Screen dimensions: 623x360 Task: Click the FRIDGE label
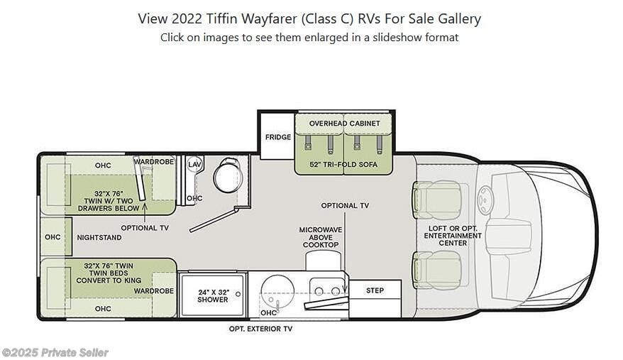(x=278, y=137)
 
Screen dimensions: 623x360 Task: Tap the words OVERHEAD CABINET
(x=344, y=124)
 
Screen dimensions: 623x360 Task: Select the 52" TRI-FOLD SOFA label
(x=343, y=164)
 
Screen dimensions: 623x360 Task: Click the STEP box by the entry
(x=375, y=290)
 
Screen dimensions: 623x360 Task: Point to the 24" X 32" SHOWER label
(x=213, y=295)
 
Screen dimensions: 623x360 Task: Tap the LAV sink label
(x=194, y=164)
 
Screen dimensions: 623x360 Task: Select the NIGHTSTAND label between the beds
(x=99, y=237)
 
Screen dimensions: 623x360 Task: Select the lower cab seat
(x=436, y=271)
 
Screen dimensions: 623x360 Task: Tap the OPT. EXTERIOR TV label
(x=260, y=329)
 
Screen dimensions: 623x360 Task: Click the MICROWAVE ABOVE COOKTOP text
(x=321, y=237)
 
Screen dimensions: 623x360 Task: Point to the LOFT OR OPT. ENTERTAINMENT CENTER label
(x=453, y=236)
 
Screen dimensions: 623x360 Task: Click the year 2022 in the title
(x=187, y=18)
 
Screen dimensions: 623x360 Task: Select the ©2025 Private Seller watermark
(x=55, y=352)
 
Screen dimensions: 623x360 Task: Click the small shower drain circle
(x=238, y=294)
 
